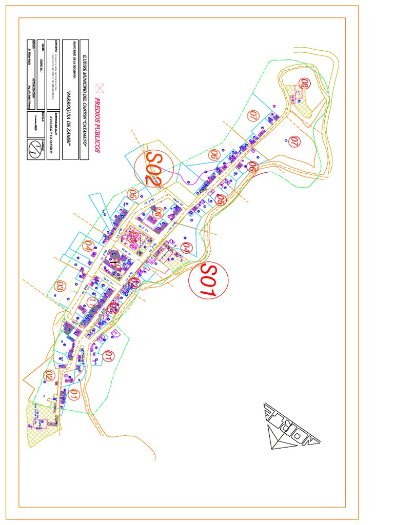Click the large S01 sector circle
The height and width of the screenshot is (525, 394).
coord(209,279)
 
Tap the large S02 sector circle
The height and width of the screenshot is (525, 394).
coord(154,168)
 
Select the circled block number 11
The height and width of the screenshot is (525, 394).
coord(92,302)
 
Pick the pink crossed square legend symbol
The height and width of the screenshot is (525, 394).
coord(100,88)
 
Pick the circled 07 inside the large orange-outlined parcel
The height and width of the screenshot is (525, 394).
coord(294,142)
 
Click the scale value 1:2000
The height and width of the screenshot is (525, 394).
coord(35,123)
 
